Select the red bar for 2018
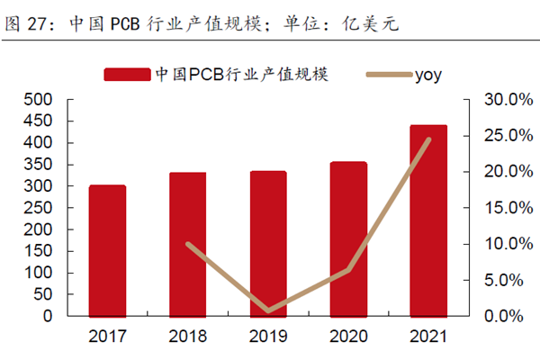tap(188, 244)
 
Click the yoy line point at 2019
tap(269, 311)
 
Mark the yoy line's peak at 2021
tap(428, 139)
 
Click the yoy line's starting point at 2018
tap(188, 244)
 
